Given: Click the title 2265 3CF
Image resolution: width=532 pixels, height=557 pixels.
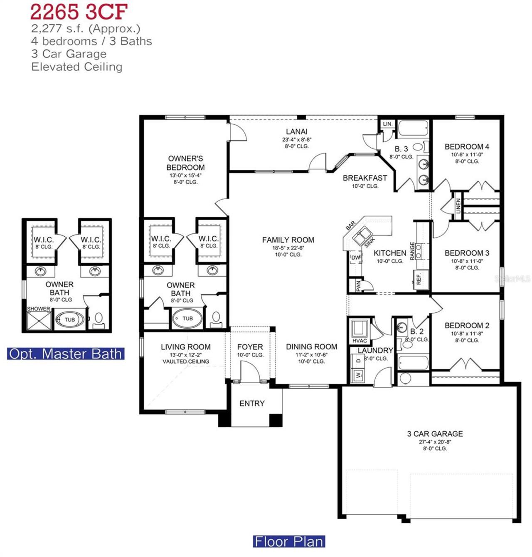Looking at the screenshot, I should coord(79,12).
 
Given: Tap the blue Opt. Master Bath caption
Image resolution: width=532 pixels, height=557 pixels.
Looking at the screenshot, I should coord(66,354).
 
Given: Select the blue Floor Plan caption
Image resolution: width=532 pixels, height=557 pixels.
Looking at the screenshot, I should coord(289,541).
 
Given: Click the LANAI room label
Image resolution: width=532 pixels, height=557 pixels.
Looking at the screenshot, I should coord(296,132).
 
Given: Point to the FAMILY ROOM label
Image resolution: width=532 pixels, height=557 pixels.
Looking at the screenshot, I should coord(288,240).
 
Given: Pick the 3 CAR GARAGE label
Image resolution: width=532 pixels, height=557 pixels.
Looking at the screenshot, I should coord(435,433).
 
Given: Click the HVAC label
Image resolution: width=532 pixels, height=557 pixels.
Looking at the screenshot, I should coord(360,341).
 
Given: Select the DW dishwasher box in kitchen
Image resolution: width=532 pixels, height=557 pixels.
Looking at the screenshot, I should coord(356,258).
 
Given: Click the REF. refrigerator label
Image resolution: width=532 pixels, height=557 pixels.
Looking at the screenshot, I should coord(419,278).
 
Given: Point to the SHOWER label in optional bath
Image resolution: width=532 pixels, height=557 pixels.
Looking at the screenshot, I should coord(38,309).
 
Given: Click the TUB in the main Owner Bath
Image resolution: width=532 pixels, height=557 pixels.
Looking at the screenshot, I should coord(187,318).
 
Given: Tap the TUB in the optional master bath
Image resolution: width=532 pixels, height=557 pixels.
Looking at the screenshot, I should coord(69,319).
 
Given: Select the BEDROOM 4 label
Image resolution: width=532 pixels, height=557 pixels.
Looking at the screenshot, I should coord(467,146).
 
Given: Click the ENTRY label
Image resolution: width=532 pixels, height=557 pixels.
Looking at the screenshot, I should coord(252,403).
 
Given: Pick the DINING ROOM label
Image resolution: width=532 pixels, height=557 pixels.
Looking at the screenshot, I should coord(311,347).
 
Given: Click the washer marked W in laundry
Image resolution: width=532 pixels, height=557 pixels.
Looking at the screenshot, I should coord(358,375).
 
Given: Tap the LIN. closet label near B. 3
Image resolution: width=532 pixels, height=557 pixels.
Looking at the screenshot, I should coord(387,124).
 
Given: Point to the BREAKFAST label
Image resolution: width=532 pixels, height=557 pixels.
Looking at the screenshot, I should coord(365,178).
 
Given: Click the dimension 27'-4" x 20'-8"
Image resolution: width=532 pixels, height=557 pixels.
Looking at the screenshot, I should coord(435,442).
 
